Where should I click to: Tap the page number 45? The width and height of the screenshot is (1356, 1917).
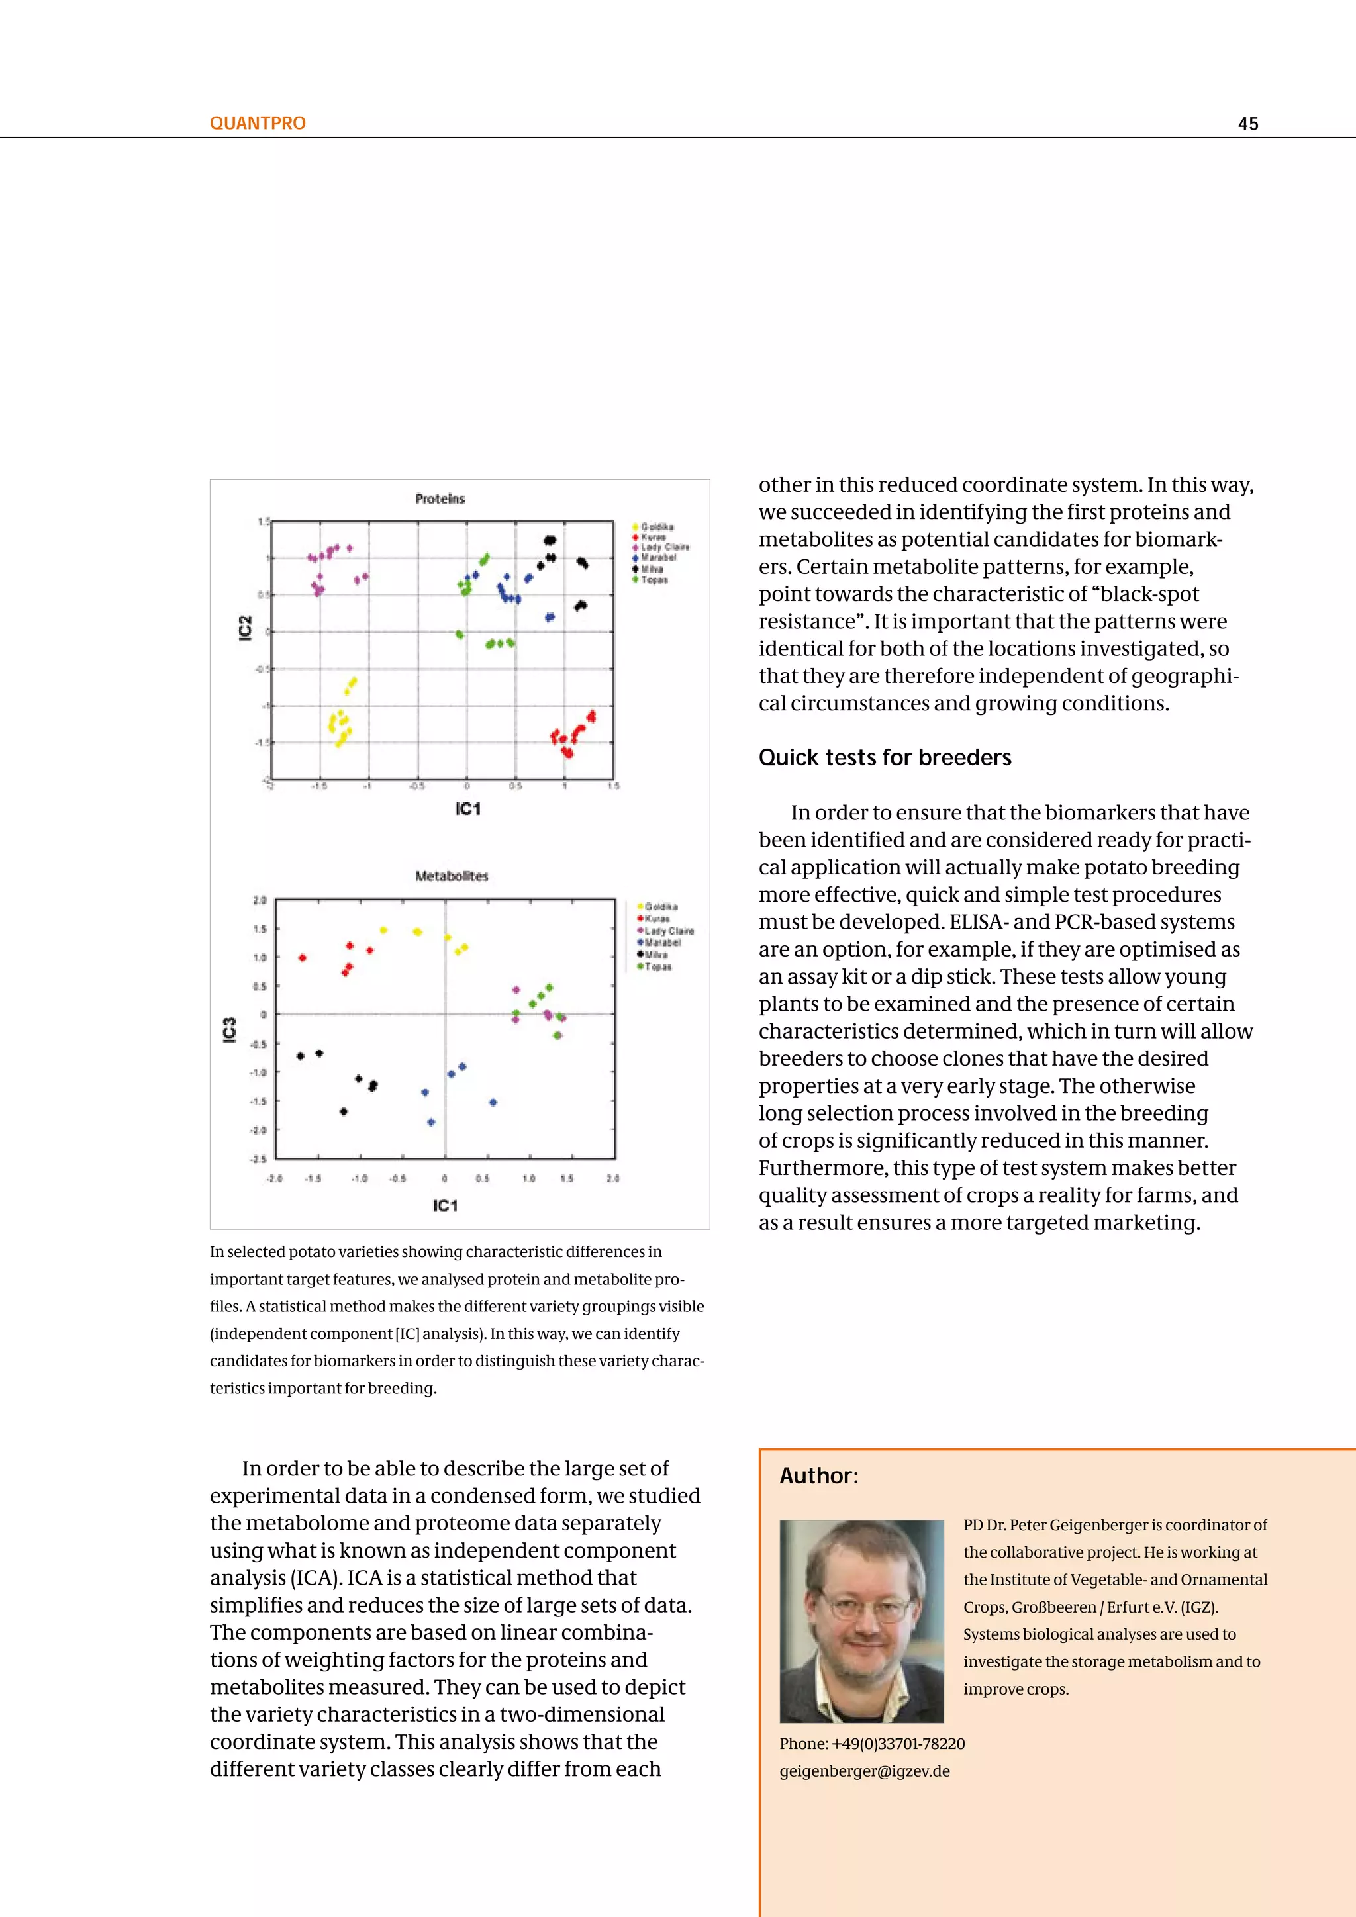point(1247,124)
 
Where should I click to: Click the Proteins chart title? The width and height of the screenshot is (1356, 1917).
point(440,498)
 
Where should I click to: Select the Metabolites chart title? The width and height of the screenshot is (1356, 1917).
point(451,876)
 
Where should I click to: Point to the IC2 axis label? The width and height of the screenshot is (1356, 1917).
point(244,628)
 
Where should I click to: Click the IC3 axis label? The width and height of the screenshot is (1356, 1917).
point(230,1029)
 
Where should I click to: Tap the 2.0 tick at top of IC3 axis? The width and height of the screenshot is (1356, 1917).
point(260,900)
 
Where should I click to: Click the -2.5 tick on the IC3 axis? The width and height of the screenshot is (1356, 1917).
point(259,1159)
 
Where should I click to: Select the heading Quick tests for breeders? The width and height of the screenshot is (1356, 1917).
point(884,757)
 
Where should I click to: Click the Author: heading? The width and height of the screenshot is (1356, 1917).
point(818,1475)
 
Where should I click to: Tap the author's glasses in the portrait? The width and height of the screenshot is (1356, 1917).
point(864,1605)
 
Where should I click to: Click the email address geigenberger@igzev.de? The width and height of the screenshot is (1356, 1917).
point(864,1771)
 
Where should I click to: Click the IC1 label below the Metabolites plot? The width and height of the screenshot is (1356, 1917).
point(445,1205)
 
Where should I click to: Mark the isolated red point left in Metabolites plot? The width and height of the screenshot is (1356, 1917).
point(303,958)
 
